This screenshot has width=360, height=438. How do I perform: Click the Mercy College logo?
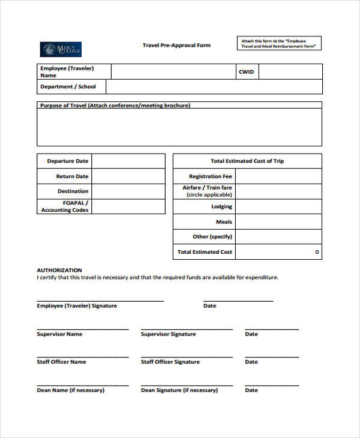[60, 49]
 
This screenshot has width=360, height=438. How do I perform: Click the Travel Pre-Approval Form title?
[176, 46]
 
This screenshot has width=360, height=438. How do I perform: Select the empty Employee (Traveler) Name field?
[173, 72]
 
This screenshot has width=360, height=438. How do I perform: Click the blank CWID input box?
[290, 72]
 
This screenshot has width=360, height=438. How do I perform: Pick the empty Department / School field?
[214, 87]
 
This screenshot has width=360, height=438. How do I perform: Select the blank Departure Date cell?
[128, 161]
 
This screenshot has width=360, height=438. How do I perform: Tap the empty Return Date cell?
[128, 176]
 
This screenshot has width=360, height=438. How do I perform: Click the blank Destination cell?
[128, 191]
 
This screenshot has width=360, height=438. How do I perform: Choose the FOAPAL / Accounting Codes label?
[65, 206]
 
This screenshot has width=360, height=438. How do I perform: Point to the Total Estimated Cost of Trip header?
[247, 161]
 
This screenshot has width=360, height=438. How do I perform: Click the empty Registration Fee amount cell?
[278, 176]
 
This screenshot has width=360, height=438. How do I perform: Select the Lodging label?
[221, 206]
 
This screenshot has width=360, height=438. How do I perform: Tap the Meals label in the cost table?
[224, 222]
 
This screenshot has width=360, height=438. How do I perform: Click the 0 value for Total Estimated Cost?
[317, 252]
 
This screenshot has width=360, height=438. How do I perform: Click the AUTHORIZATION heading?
[59, 270]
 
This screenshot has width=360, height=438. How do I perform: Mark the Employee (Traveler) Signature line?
[100, 300]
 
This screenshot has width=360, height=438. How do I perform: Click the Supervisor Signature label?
[168, 334]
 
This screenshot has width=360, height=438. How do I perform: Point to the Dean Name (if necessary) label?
[71, 390]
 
